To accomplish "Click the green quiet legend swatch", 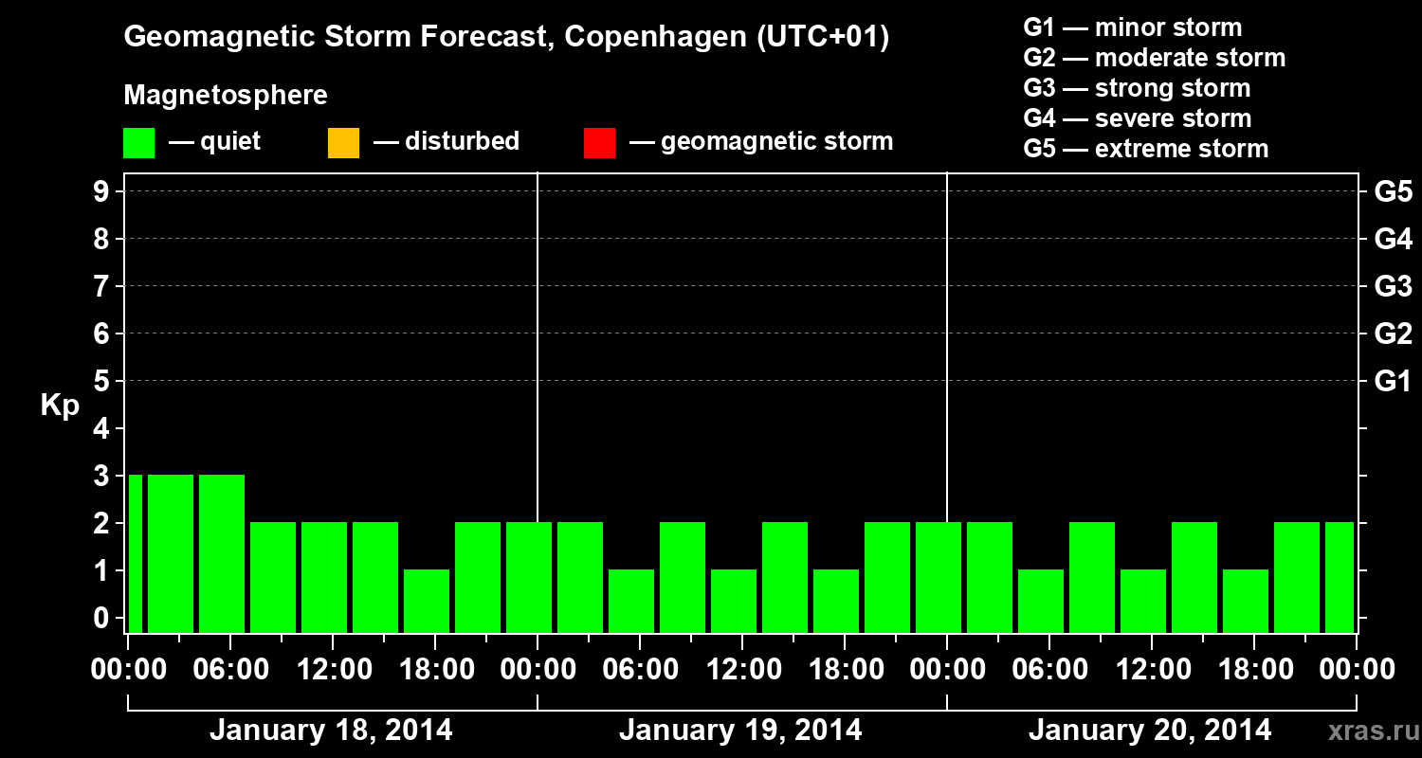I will [138, 143].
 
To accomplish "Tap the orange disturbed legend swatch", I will [343, 143].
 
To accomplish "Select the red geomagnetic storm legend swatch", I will [599, 143].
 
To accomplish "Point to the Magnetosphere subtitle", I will [226, 96].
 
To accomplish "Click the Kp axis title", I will [60, 406].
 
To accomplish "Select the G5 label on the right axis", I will [1393, 191].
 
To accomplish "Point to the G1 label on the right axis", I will [1393, 381].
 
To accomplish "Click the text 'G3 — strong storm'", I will [1137, 88].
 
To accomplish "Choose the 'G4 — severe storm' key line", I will [1137, 118].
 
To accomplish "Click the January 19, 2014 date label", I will [740, 731].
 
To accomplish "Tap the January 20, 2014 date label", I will [1150, 731].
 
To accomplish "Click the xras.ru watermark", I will [1370, 731].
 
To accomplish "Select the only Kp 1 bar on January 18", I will [427, 601].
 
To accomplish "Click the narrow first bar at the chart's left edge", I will [135, 553].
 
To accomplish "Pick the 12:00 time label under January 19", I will [740, 670].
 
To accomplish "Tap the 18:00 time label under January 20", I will [1253, 670].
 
